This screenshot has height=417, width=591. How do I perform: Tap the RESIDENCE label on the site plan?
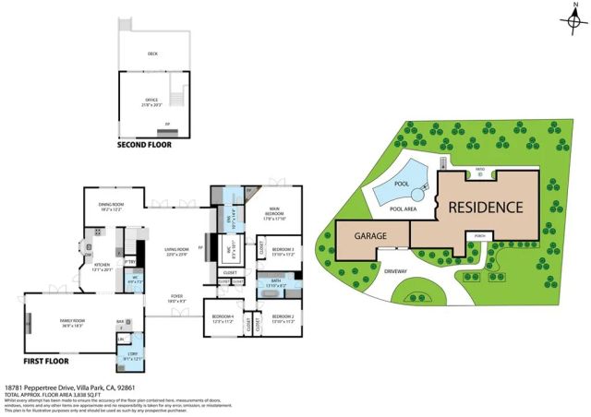pyautogui.click(x=486, y=207)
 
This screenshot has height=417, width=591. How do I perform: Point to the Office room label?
pyautogui.click(x=151, y=100)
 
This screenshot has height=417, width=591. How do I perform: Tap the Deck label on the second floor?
pyautogui.click(x=152, y=54)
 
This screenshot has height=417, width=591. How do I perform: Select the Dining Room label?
pyautogui.click(x=110, y=206)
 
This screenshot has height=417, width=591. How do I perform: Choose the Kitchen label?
pyautogui.click(x=102, y=268)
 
